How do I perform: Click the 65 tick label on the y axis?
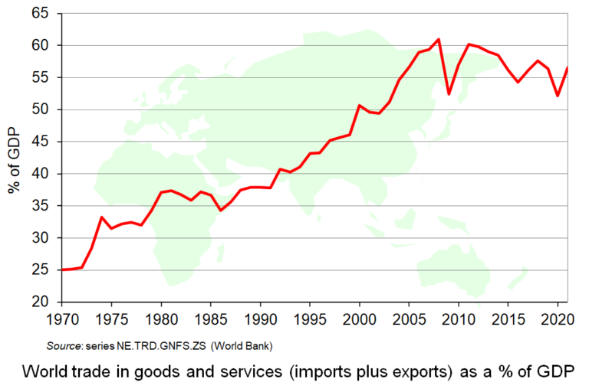(40, 13)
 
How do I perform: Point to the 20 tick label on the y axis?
(40, 302)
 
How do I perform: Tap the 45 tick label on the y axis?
(40, 142)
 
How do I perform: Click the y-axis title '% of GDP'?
(15, 158)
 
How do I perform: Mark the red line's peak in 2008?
(439, 39)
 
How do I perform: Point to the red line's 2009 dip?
(449, 94)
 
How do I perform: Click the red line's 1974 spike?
(101, 217)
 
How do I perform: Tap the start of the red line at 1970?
(62, 269)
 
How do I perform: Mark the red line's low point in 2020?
(558, 96)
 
